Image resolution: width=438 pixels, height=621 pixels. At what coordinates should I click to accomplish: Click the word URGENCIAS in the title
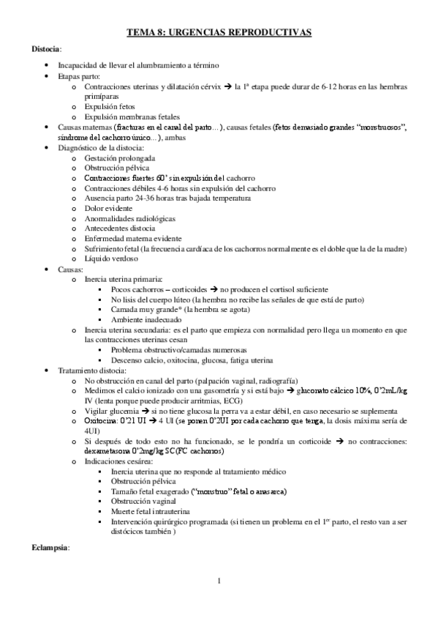pos(203,32)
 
